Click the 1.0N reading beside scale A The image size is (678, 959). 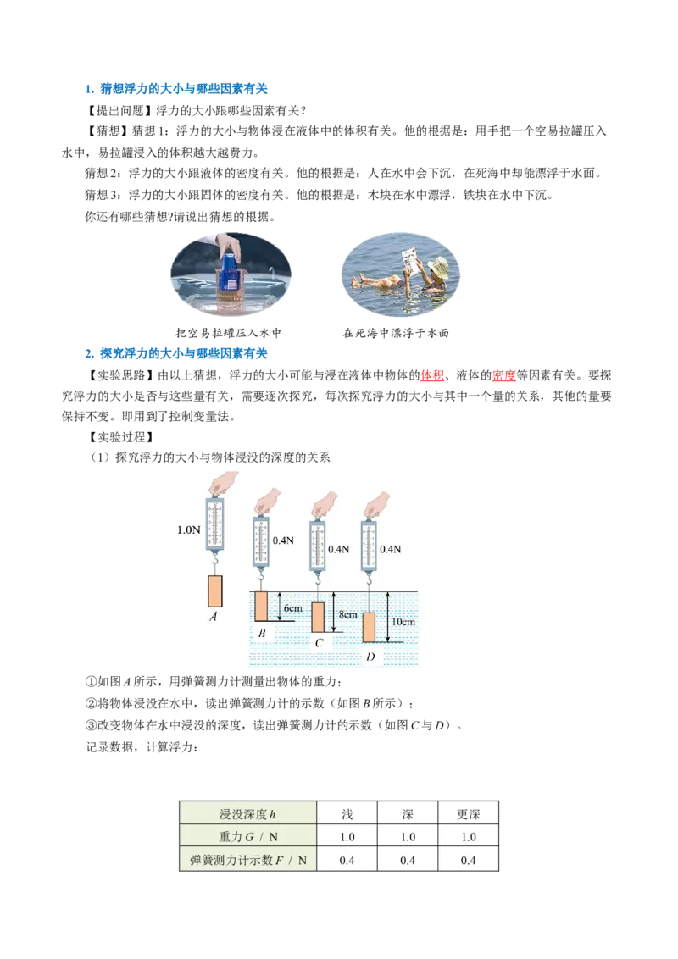coord(188,529)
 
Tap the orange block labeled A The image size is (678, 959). coord(214,590)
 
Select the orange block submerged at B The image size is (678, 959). coord(261,606)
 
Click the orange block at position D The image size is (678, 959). coord(369,627)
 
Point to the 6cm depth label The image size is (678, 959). coord(293,608)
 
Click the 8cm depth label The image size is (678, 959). coord(348,615)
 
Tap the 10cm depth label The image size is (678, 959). coord(403,621)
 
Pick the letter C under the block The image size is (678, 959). coord(319,643)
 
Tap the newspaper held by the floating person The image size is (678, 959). coord(412,263)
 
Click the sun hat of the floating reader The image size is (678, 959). coord(439,266)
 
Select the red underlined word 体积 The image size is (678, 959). coord(432,375)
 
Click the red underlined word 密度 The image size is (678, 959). coord(503,375)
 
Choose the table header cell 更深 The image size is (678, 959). coord(468,814)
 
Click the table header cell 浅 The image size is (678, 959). coord(347,814)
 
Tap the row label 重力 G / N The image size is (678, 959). coord(247,837)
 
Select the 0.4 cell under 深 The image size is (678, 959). coord(408,861)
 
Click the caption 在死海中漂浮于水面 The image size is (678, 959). coord(396,333)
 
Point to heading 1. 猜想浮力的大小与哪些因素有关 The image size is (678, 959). coord(176,89)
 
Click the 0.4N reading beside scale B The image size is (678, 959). coord(283,540)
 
